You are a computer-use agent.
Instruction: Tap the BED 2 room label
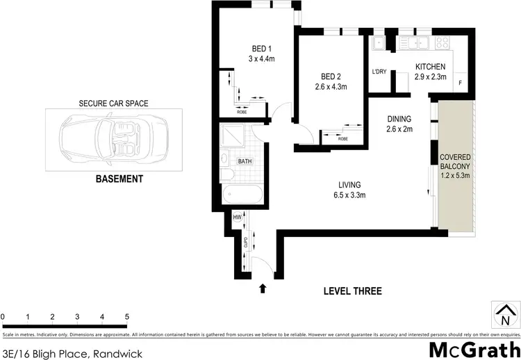331,76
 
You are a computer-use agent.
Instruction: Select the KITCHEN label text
430,67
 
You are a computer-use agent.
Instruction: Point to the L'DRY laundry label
379,72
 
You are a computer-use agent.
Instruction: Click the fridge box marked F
461,84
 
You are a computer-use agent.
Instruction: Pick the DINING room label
399,118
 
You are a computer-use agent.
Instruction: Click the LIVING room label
349,184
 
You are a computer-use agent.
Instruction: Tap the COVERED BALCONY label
456,162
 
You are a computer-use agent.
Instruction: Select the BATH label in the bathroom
245,161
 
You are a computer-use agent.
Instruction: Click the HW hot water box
237,217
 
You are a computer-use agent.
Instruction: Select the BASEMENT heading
119,179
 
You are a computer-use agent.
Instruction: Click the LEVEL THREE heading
352,291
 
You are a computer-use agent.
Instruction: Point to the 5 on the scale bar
127,317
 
